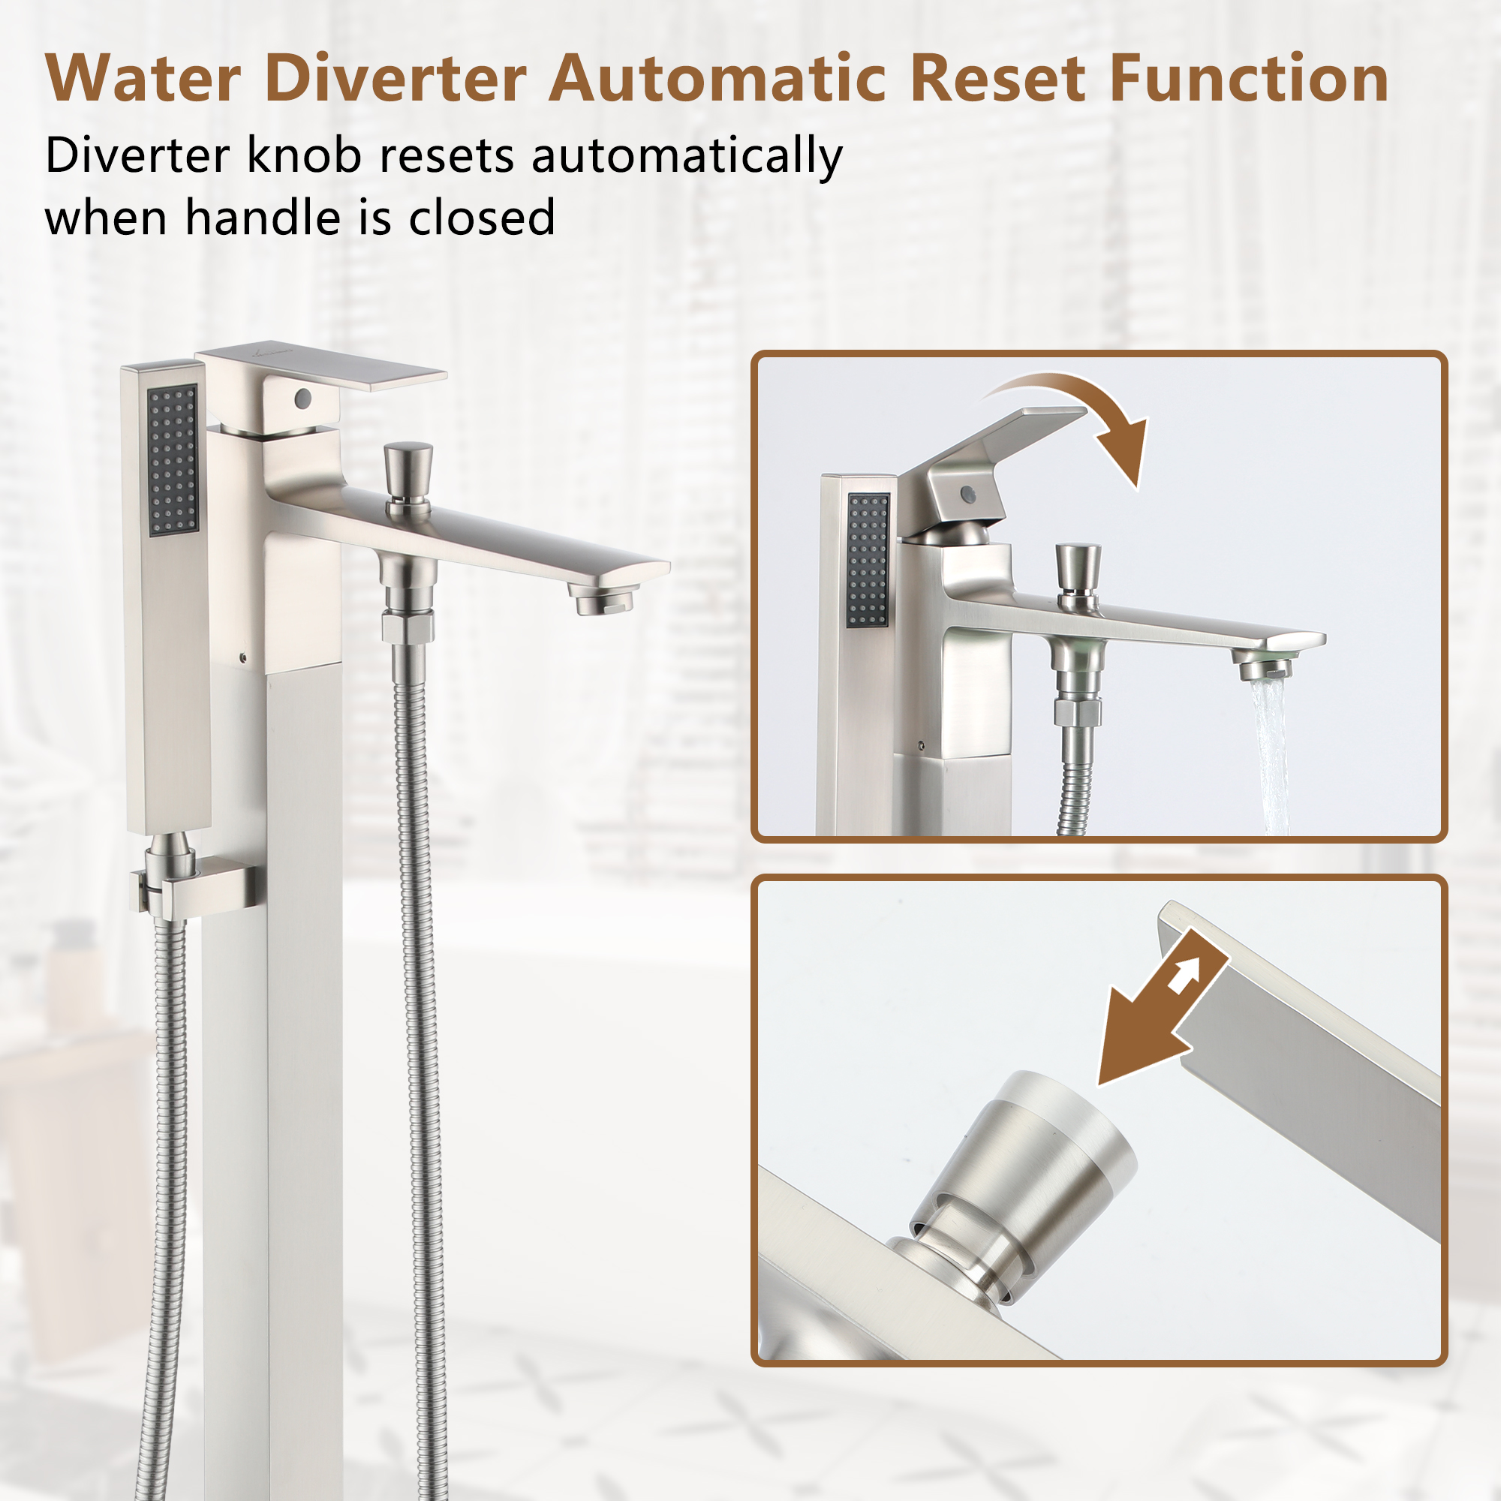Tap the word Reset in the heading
click(997, 79)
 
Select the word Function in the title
click(1249, 79)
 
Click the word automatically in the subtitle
click(687, 156)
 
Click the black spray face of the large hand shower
click(173, 461)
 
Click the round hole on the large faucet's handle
click(302, 399)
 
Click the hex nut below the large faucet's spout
click(408, 626)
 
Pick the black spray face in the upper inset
click(868, 560)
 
